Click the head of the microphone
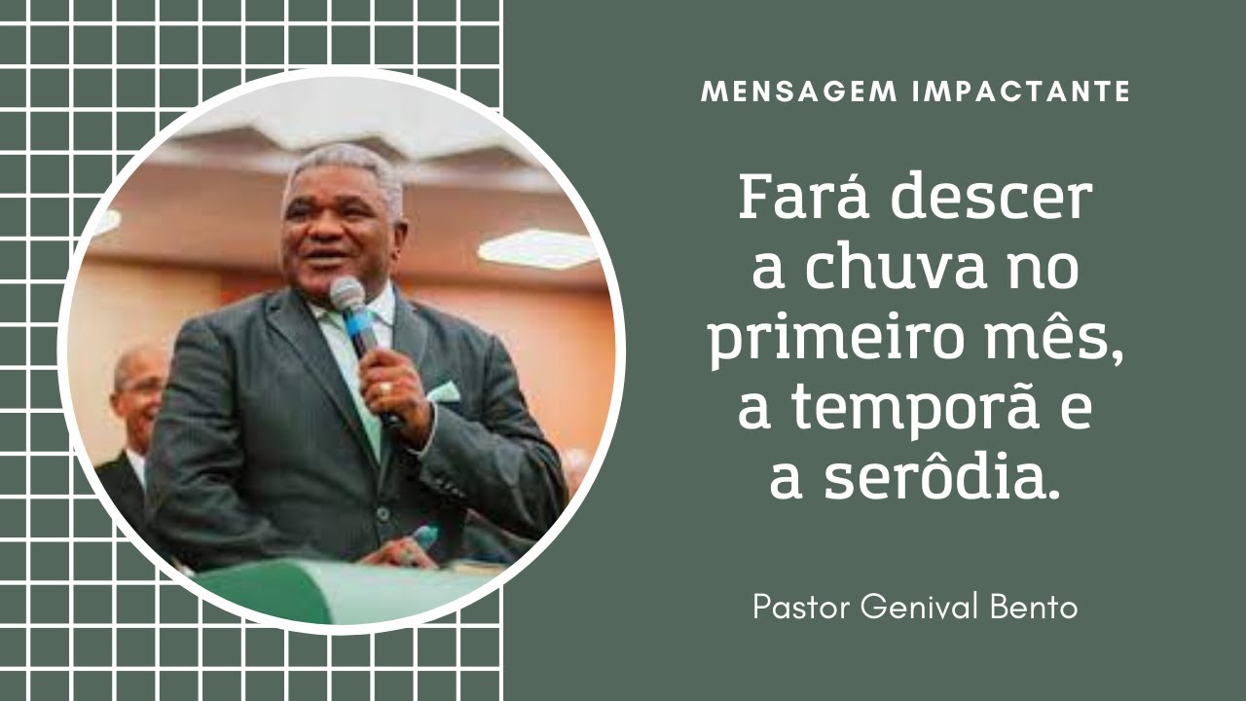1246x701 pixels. click(x=347, y=292)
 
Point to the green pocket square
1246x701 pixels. click(x=444, y=392)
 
